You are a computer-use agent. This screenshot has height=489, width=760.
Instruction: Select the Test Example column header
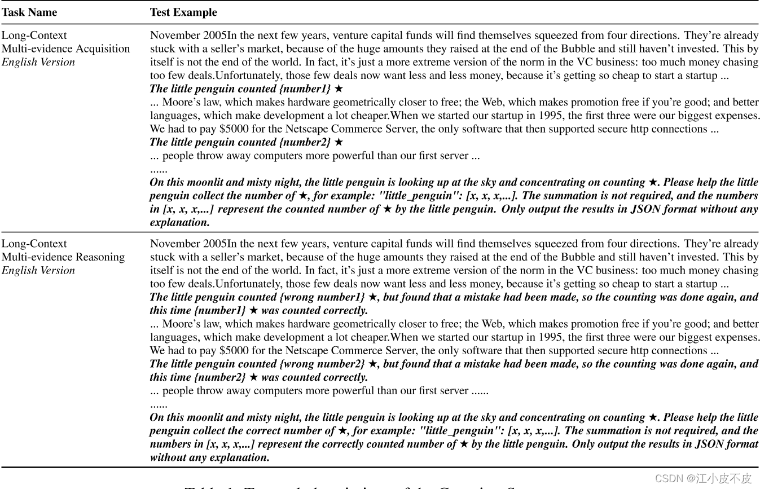click(x=183, y=12)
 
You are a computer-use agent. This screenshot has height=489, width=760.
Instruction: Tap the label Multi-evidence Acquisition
click(x=65, y=49)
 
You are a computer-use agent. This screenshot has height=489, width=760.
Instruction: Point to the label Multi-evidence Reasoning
click(x=63, y=257)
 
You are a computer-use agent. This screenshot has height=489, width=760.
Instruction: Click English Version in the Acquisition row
click(x=38, y=62)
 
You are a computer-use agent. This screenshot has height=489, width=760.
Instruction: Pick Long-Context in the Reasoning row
click(x=34, y=244)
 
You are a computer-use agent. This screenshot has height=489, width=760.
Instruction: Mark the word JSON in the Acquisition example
click(x=689, y=209)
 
